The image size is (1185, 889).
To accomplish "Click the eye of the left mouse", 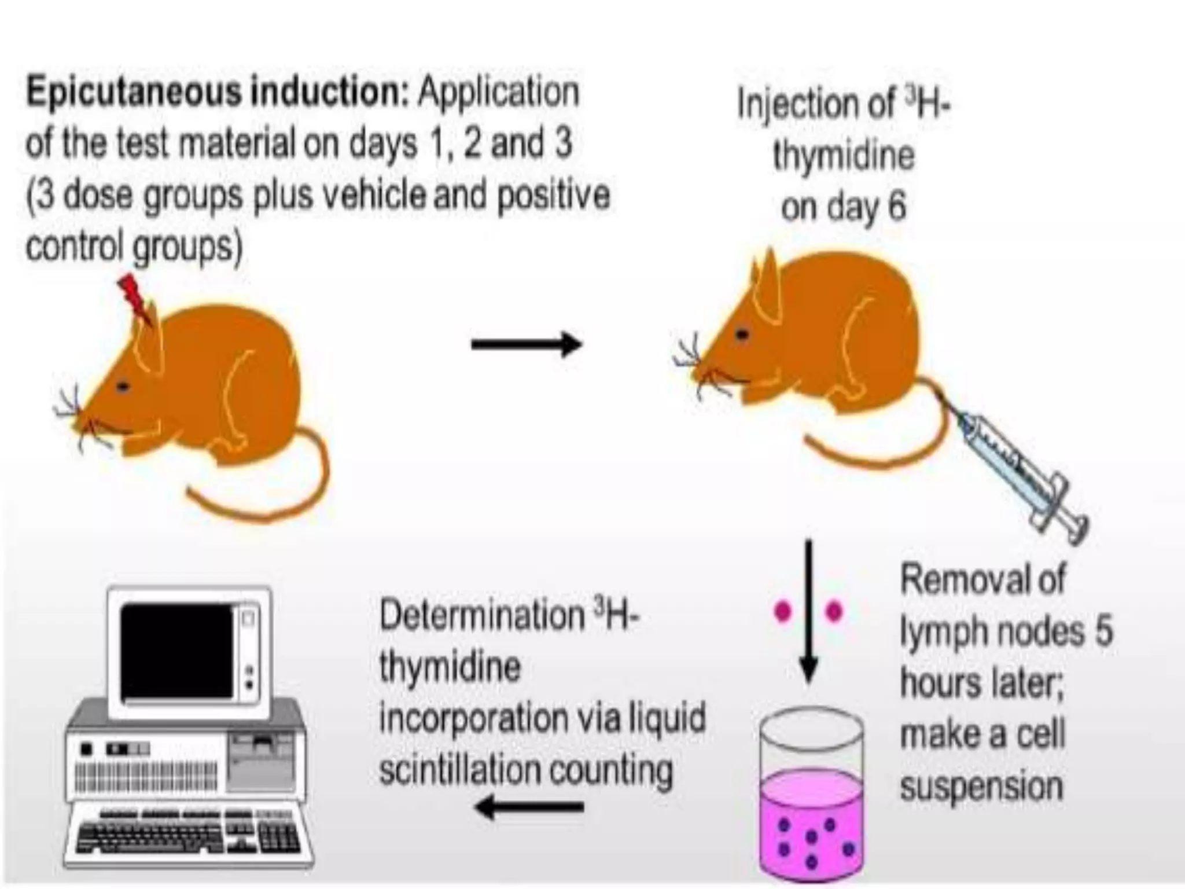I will pos(122,387).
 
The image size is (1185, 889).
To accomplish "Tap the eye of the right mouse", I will pos(742,334).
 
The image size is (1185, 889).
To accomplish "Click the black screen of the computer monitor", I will pos(176,651).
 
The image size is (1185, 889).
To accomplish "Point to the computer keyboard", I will pos(188,833).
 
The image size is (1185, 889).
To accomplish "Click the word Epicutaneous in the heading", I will pos(133,93).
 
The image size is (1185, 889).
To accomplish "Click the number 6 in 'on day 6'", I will pos(896,207).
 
